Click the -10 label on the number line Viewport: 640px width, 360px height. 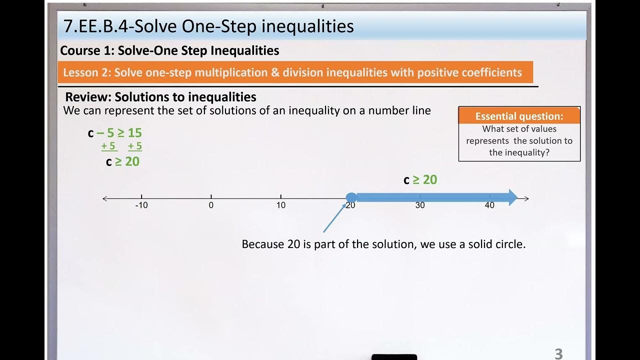click(x=141, y=205)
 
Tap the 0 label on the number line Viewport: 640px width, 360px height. click(x=211, y=205)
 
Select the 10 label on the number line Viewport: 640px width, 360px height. click(x=281, y=205)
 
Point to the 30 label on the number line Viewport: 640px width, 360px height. click(x=420, y=205)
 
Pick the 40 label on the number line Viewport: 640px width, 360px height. click(x=489, y=205)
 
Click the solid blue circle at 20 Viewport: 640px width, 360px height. click(x=351, y=197)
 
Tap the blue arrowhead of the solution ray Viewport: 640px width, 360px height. click(x=512, y=197)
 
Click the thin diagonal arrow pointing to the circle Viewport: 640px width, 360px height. click(x=334, y=218)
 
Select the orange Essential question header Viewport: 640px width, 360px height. click(x=519, y=116)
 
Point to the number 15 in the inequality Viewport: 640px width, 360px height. click(x=134, y=133)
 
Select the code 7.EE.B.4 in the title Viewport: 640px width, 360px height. click(x=97, y=26)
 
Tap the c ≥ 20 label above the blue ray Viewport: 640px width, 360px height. click(x=420, y=180)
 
